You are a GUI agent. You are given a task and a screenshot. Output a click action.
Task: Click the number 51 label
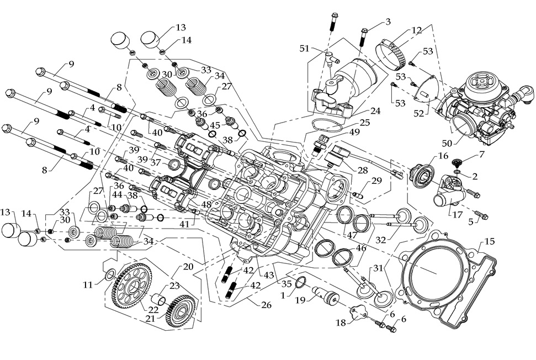click(x=304, y=48)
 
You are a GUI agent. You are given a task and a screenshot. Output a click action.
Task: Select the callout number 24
click(x=375, y=110)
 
